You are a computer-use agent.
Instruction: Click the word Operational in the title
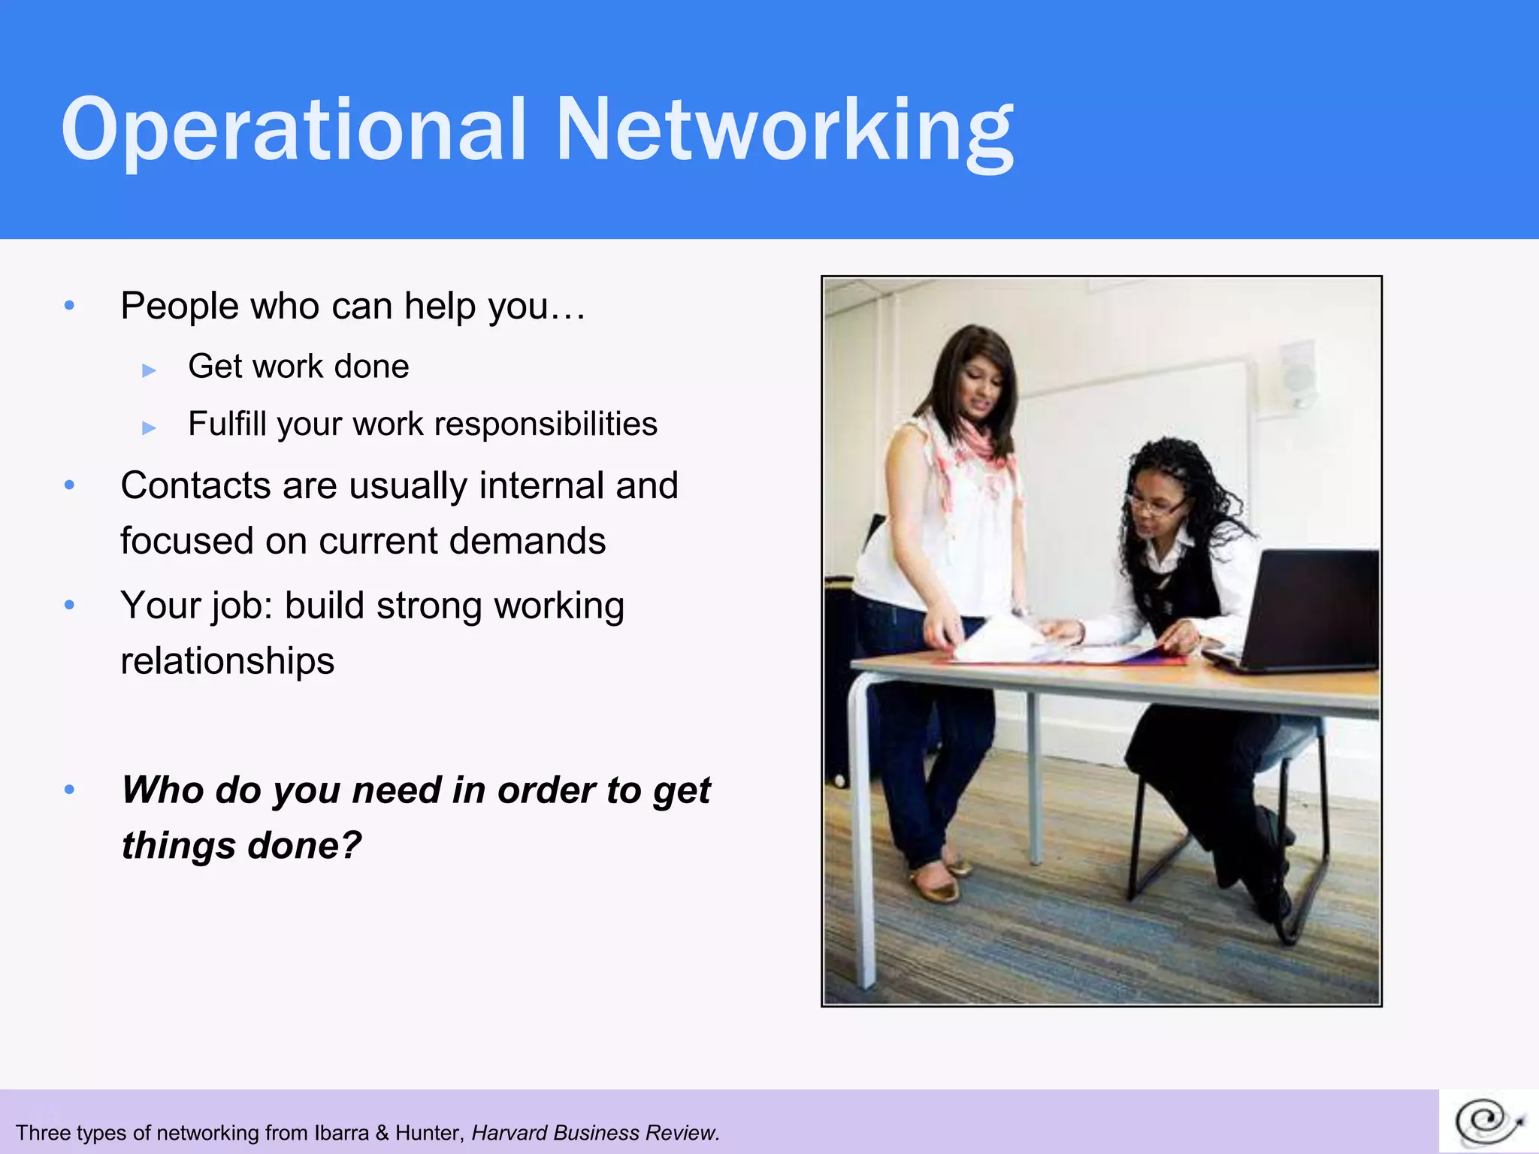coord(293,129)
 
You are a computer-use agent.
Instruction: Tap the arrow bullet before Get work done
coord(149,370)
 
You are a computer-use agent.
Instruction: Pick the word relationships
coord(227,661)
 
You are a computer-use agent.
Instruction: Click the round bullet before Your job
coord(70,605)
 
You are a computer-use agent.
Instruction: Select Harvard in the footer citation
coord(510,1133)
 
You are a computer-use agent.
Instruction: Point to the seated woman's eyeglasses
coord(1157,505)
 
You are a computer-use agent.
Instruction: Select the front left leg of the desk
coord(860,826)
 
